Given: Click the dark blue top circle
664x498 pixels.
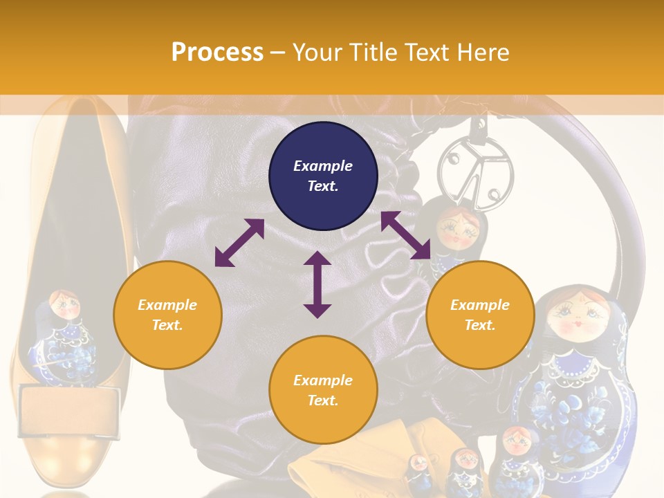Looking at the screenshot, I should pos(323,176).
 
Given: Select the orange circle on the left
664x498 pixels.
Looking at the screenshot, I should pos(167,315).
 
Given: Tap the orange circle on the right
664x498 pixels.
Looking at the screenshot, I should pos(480,315).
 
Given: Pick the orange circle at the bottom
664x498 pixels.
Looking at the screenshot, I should pos(323,389).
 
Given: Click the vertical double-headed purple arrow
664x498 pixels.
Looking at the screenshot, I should pos(317,284).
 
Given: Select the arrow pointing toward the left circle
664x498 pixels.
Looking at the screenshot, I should pos(239,243).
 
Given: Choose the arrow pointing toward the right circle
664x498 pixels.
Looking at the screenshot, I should pos(406,235).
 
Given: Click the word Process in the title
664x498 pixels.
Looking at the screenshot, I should pos(217,53).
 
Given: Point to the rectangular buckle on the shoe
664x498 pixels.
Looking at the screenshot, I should pos(69,412).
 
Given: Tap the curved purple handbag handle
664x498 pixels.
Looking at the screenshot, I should pos(622,207).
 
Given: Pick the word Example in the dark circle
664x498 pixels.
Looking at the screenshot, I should pos(323,166).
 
